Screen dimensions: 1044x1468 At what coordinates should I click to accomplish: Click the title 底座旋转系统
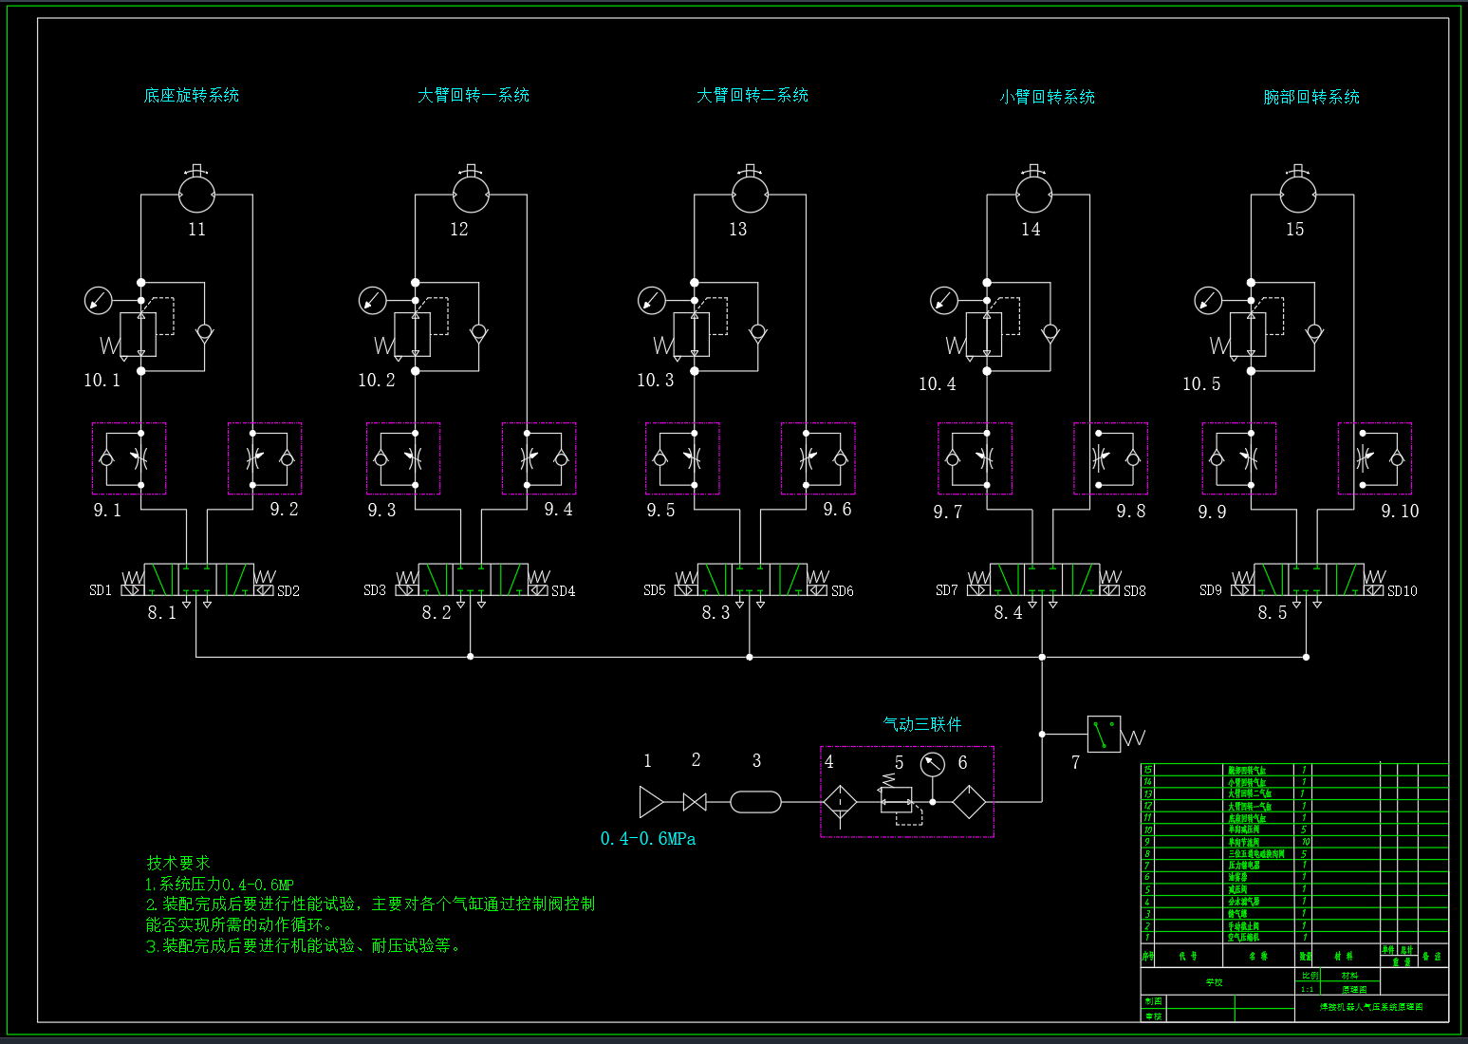point(191,95)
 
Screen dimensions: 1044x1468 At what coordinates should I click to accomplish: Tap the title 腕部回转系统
point(1310,97)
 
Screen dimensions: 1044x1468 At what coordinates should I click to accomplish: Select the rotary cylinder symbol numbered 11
point(196,195)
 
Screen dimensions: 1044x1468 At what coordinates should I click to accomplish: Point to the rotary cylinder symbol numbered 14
point(1033,195)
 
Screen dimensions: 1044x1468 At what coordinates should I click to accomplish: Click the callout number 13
point(737,229)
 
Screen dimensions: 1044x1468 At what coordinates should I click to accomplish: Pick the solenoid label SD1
point(101,590)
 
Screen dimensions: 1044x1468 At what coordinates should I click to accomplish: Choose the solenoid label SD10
point(1402,590)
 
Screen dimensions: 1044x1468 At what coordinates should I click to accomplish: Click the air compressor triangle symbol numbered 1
point(651,802)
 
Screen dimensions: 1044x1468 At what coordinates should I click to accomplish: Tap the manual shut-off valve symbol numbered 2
point(695,802)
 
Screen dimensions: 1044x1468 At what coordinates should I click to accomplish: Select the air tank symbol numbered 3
point(756,802)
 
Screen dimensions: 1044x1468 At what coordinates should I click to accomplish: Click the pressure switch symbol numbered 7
point(1104,734)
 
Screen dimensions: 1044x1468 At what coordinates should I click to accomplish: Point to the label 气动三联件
point(922,724)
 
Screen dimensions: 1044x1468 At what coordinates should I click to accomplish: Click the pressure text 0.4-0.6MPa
point(648,839)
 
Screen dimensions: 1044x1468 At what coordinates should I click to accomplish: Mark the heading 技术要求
point(178,863)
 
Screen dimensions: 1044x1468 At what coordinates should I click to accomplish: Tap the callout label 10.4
point(937,383)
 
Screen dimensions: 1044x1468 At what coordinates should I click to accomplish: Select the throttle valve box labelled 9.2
point(265,458)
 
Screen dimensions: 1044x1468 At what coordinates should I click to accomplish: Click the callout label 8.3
point(715,612)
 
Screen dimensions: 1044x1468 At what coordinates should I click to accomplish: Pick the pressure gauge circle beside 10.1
point(98,301)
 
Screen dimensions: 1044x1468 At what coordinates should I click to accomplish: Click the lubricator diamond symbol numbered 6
point(968,802)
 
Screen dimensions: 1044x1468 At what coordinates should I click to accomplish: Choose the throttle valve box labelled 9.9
point(1238,458)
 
